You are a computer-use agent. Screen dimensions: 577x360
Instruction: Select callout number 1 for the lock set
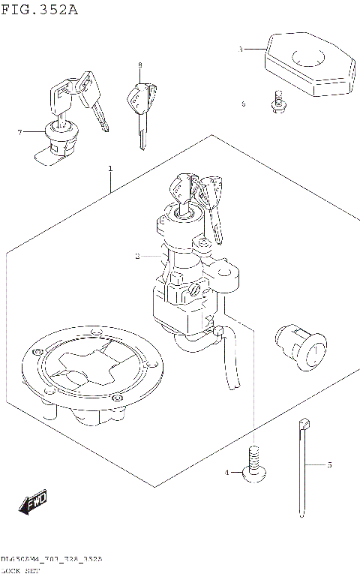[x=110, y=168]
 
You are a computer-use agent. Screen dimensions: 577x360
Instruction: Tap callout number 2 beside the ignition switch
[x=137, y=257]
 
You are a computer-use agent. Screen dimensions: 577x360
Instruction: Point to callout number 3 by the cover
[x=240, y=49]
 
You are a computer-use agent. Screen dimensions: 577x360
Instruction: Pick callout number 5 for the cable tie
[x=328, y=465]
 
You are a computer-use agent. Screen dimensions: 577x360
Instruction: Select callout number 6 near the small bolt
[x=243, y=104]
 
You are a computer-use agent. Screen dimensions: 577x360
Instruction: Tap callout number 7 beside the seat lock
[x=20, y=133]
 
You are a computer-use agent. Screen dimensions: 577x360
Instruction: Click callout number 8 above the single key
[x=139, y=66]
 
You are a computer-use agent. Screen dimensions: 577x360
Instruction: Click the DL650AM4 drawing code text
[x=51, y=560]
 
